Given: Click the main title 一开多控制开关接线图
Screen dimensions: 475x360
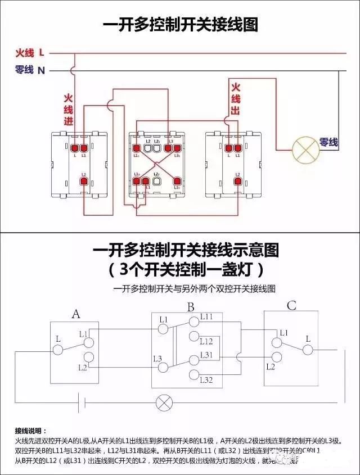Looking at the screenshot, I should click(x=180, y=25).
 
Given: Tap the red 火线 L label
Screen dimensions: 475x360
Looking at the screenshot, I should click(x=30, y=53).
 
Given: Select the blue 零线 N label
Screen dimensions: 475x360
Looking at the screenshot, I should click(x=30, y=70).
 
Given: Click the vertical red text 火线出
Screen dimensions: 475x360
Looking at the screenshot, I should click(x=236, y=98).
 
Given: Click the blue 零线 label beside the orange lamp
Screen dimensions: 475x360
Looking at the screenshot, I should click(x=329, y=143).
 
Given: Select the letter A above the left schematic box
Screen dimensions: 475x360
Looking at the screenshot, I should click(x=76, y=314).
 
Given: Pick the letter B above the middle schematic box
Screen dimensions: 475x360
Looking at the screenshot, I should click(x=191, y=307).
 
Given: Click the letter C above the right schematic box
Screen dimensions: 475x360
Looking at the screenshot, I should click(x=291, y=306).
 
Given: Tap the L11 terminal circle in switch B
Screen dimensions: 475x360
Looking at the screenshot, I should click(x=194, y=319).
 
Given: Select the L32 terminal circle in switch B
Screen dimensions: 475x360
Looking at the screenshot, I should click(x=194, y=375).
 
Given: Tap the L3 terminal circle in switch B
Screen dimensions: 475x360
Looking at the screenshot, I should click(x=163, y=367).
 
